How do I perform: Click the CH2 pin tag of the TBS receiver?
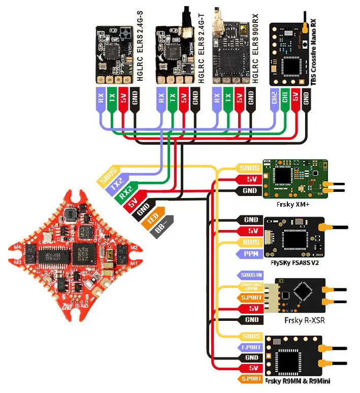coord(274,97)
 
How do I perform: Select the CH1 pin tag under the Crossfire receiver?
coord(285,97)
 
